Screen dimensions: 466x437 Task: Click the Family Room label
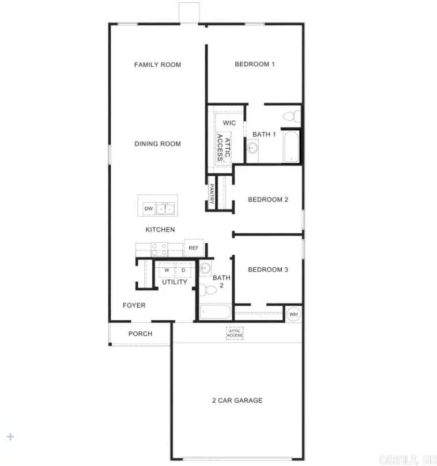[x=157, y=65]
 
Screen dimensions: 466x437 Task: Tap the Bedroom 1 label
[x=254, y=64]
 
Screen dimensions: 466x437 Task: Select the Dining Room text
[x=157, y=144]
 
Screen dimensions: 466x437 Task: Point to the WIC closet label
[x=229, y=123]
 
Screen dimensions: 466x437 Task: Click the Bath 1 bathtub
[x=291, y=147]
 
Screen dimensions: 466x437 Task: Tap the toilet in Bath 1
[x=291, y=117]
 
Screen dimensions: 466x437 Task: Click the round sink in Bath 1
[x=252, y=148]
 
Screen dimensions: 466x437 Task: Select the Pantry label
[x=212, y=194]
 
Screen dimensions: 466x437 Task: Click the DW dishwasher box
[x=148, y=209]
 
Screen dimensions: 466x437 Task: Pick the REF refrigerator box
[x=193, y=248]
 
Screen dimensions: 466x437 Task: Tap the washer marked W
[x=167, y=270]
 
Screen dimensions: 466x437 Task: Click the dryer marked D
[x=183, y=270]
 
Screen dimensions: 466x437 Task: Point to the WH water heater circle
[x=293, y=315]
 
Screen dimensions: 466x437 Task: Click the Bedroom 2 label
[x=268, y=200]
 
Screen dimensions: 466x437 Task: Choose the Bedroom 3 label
[x=268, y=270]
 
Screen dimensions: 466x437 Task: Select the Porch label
[x=140, y=334]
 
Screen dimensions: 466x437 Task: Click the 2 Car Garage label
[x=237, y=400]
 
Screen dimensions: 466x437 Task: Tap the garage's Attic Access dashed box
[x=235, y=333]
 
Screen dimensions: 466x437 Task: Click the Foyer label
[x=134, y=305]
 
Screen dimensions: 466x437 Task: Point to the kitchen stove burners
[x=159, y=249]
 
